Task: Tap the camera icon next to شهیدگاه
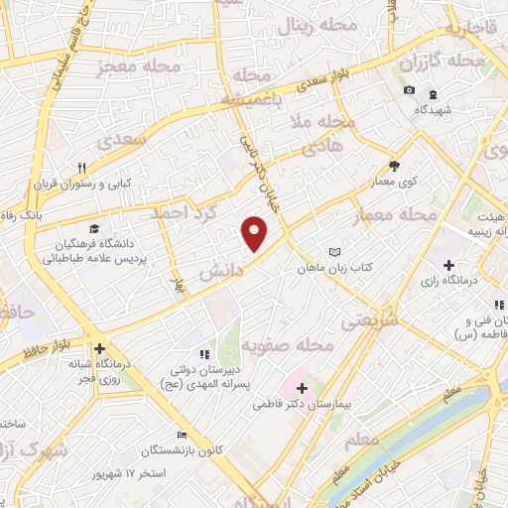pyautogui.click(x=409, y=91)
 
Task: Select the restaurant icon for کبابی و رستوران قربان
pyautogui.click(x=83, y=168)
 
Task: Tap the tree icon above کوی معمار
pyautogui.click(x=394, y=166)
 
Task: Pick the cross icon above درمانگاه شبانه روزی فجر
pyautogui.click(x=99, y=349)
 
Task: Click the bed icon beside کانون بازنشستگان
pyautogui.click(x=181, y=435)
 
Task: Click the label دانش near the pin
pyautogui.click(x=221, y=270)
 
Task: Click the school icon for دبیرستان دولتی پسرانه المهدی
pyautogui.click(x=204, y=354)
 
